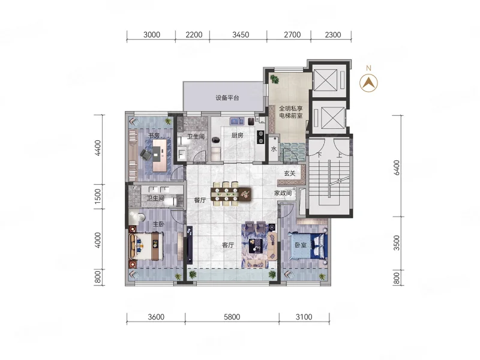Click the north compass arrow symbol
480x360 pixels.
point(368,83)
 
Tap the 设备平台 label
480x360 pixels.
point(227,98)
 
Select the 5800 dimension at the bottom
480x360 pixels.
point(232,317)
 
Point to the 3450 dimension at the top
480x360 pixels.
point(241,35)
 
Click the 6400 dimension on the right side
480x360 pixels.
point(397,167)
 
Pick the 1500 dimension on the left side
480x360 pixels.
point(98,197)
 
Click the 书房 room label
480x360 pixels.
point(154,136)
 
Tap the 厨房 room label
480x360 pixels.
point(237,136)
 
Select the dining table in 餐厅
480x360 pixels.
point(230,193)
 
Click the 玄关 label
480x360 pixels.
point(290,173)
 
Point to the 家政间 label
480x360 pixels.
point(283,193)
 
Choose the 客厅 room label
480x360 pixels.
point(228,245)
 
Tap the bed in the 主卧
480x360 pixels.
point(146,247)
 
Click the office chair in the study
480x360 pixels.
point(146,154)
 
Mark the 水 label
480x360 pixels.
point(274,149)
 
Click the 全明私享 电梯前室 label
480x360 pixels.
point(291,112)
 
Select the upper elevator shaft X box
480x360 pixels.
point(325,80)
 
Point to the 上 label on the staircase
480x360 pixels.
point(339,155)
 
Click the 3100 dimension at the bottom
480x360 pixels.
point(304,317)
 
